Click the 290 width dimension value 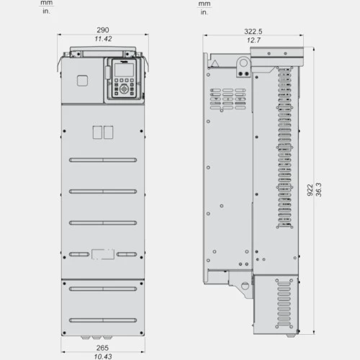tap(103, 30)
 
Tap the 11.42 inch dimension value tap(103, 39)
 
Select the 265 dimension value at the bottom tap(102, 348)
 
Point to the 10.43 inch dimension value tap(103, 356)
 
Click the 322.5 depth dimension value tap(253, 32)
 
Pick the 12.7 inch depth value tap(253, 40)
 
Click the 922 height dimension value tap(310, 190)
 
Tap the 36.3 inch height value tap(319, 189)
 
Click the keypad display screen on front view tap(124, 70)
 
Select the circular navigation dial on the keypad tap(124, 89)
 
